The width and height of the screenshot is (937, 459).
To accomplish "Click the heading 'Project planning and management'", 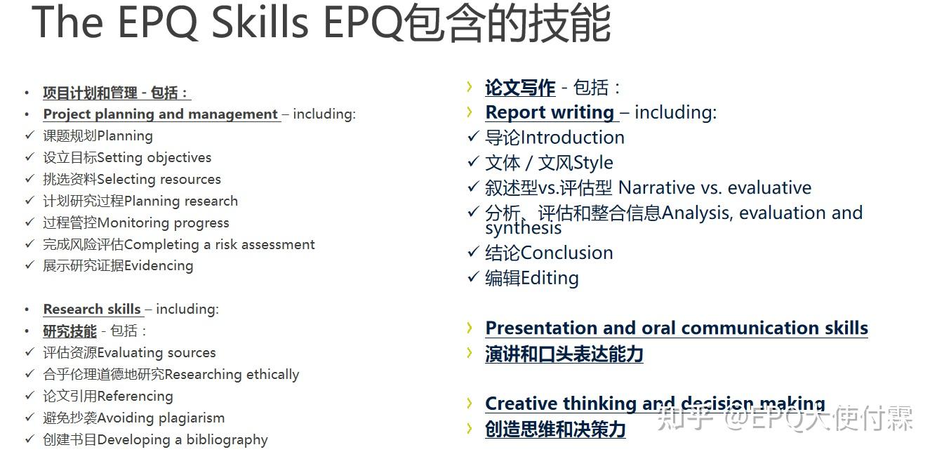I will coord(161,114).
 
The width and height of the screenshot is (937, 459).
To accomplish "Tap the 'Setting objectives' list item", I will coord(154,158).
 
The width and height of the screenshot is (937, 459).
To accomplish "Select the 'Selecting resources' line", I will coord(159,180).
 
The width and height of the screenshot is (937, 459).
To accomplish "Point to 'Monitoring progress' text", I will coord(163,223).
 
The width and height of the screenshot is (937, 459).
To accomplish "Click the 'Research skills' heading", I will coord(92,310).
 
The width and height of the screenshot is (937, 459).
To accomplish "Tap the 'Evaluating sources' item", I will coord(157,353).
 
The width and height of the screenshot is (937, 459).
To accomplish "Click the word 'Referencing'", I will coord(135,397).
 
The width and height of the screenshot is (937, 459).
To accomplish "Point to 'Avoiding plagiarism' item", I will coord(161,418).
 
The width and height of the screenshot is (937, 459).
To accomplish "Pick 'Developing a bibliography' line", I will coord(182,440).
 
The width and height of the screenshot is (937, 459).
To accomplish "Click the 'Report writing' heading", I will coord(550,112).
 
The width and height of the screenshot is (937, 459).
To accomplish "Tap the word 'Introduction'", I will coord(573,138).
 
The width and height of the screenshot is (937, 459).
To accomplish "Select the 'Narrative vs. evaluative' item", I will coord(715,188).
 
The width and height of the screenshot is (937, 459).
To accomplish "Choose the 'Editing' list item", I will coord(550,278).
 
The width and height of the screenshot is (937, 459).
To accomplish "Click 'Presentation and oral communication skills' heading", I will coord(677,328).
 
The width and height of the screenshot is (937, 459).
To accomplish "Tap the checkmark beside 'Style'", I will coord(473,162).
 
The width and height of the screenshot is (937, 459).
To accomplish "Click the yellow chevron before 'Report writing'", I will coord(470,112).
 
